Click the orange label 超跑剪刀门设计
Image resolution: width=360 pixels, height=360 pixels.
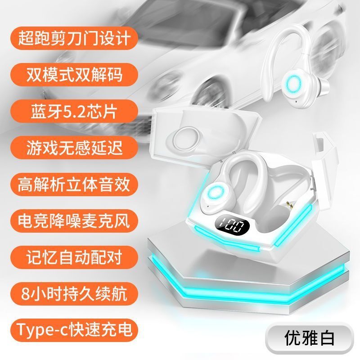74,38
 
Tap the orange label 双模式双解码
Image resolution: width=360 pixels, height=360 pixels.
74,75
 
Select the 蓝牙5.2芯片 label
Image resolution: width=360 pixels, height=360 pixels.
74,111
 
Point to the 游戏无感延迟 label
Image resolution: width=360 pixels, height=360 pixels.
74,148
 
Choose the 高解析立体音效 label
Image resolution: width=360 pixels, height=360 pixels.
74,184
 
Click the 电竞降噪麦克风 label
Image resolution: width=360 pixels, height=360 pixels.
74,220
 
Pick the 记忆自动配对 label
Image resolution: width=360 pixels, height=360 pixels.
74,257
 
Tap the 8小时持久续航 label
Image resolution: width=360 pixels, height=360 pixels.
74,294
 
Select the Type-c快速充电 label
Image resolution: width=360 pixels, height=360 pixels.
74,330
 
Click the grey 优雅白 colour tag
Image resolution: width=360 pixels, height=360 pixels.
309,338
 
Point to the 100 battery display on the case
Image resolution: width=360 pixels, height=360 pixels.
232,226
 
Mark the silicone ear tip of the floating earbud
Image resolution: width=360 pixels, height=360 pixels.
324,86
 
